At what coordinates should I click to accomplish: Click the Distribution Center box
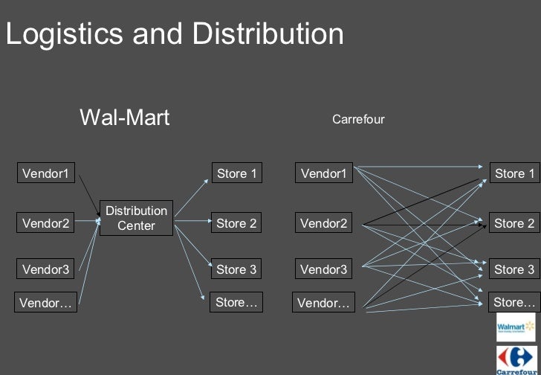136,218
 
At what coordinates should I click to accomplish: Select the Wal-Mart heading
124,117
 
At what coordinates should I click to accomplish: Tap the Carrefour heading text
358,119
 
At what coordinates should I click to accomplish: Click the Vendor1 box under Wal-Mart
45,173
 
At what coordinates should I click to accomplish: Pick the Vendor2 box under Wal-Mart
45,222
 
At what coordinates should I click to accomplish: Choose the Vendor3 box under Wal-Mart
45,269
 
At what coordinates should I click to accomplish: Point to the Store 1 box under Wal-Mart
236,173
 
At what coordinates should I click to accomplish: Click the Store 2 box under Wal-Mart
236,222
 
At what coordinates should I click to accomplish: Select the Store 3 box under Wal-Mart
236,269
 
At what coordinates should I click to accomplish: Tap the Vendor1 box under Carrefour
323,173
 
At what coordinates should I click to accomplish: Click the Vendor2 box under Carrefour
323,222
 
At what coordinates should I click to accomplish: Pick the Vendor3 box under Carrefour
323,269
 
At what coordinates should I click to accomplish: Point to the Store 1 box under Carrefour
514,173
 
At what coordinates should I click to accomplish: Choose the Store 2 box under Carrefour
514,222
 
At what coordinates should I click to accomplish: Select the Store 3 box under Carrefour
514,269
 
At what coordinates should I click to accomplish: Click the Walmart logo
516,327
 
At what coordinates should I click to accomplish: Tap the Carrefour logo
516,359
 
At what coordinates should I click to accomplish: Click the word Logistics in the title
65,34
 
